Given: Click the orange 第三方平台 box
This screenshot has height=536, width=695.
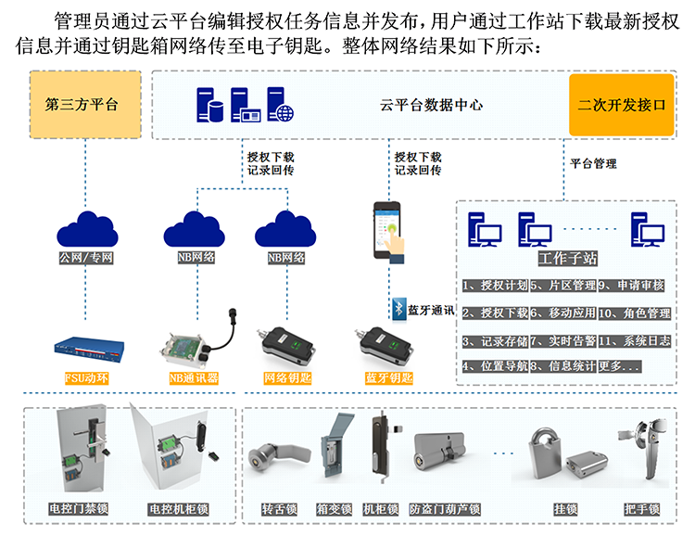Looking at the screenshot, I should pos(82,104).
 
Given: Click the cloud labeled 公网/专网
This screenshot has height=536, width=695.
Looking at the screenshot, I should pos(85,227).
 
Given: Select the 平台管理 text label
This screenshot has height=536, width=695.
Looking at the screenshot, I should pos(593,163).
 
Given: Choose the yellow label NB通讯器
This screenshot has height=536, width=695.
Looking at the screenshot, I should pos(194,377).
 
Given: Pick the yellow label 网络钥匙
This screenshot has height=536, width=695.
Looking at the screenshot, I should pos(287,377).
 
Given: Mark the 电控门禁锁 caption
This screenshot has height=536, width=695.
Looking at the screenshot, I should pos(80,509).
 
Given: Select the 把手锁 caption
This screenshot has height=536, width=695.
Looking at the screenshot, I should pos(642,509).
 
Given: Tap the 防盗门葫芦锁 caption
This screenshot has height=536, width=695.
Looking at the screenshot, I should pos(445,509).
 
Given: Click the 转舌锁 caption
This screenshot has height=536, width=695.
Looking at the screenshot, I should pos(280,509).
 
